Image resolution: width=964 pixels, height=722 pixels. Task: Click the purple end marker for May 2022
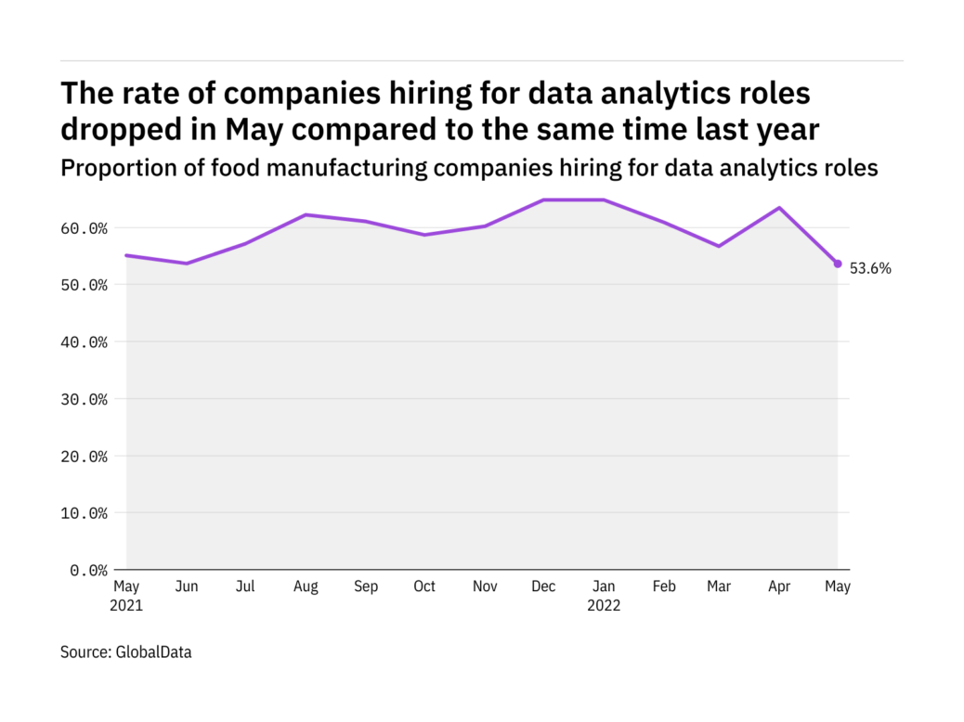(x=838, y=264)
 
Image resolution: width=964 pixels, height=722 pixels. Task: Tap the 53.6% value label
(x=870, y=269)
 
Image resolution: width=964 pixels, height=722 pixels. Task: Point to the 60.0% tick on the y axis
(x=85, y=228)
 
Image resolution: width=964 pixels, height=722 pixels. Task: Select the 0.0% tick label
(x=88, y=570)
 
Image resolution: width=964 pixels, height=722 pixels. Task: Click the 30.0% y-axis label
(x=85, y=399)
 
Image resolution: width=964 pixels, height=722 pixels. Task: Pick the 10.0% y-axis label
(x=85, y=513)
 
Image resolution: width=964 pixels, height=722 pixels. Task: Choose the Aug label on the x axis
(x=306, y=587)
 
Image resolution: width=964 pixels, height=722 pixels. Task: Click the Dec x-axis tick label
(x=543, y=587)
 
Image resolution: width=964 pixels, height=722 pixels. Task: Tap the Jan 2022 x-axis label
(x=603, y=596)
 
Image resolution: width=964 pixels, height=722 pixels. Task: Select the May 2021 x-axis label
(x=127, y=596)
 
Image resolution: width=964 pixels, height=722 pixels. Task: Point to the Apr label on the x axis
(x=778, y=587)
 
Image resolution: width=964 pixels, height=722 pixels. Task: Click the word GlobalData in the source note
(x=153, y=652)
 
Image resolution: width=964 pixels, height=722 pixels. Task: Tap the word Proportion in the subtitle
(x=107, y=168)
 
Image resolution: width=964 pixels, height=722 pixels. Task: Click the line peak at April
(x=778, y=208)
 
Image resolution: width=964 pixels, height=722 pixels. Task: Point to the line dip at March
(x=719, y=246)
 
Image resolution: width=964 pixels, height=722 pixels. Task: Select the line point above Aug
(x=306, y=215)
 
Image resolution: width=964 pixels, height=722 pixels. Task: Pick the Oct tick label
(x=424, y=587)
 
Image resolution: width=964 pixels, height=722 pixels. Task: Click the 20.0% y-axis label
(x=85, y=457)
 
